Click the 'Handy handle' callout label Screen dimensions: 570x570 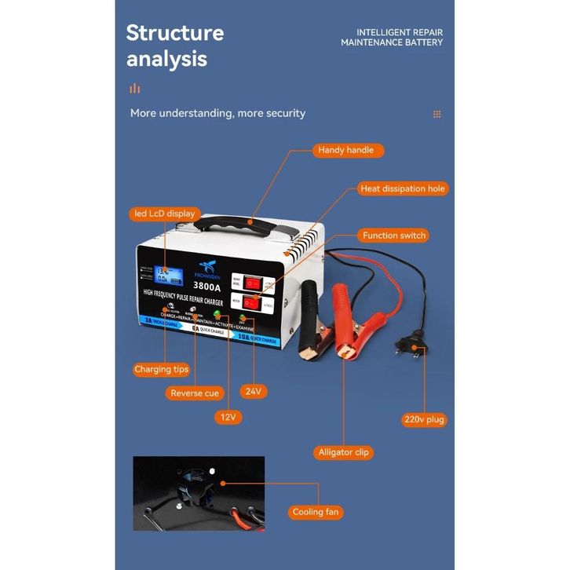coord(345,150)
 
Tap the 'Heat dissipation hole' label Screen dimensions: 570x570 coord(403,189)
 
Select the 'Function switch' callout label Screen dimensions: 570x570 coord(394,236)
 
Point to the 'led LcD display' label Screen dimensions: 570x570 coord(163,214)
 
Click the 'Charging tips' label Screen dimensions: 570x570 coord(162,369)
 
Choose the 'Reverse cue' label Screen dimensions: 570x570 coord(194,393)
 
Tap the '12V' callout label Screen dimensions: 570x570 coord(228,417)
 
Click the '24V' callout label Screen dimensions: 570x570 coord(253,390)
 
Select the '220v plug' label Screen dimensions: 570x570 coord(425,419)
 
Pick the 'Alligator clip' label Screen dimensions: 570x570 coord(344,452)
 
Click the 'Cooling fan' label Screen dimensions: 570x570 coord(316,512)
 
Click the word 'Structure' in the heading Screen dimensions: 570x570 coord(175,33)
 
